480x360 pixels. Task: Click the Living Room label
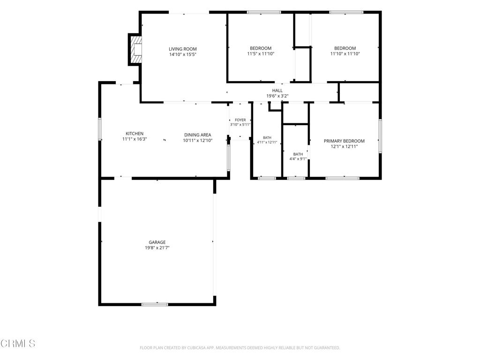pyautogui.click(x=183, y=49)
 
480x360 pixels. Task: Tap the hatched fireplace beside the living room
pyautogui.click(x=136, y=50)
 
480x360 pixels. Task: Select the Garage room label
pyautogui.click(x=157, y=242)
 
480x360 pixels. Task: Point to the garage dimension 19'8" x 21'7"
pyautogui.click(x=157, y=247)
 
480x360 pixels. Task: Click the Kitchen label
pyautogui.click(x=135, y=134)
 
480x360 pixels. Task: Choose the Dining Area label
pyautogui.click(x=198, y=135)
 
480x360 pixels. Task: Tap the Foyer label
pyautogui.click(x=240, y=120)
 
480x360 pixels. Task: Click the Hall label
pyautogui.click(x=277, y=90)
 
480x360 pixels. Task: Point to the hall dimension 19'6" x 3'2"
pyautogui.click(x=277, y=96)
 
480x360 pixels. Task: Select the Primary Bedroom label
pyautogui.click(x=344, y=141)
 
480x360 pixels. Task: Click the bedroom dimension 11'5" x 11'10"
pyautogui.click(x=261, y=53)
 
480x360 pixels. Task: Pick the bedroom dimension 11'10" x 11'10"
pyautogui.click(x=345, y=53)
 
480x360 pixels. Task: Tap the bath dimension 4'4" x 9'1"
pyautogui.click(x=298, y=158)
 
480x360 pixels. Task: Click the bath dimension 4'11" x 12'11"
pyautogui.click(x=267, y=142)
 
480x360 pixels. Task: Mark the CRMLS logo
pyautogui.click(x=18, y=343)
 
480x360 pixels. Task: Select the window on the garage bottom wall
pyautogui.click(x=155, y=304)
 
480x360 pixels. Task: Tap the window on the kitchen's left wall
pyautogui.click(x=100, y=129)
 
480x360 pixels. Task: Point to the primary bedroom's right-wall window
pyautogui.click(x=380, y=136)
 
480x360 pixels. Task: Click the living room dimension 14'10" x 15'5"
pyautogui.click(x=183, y=54)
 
